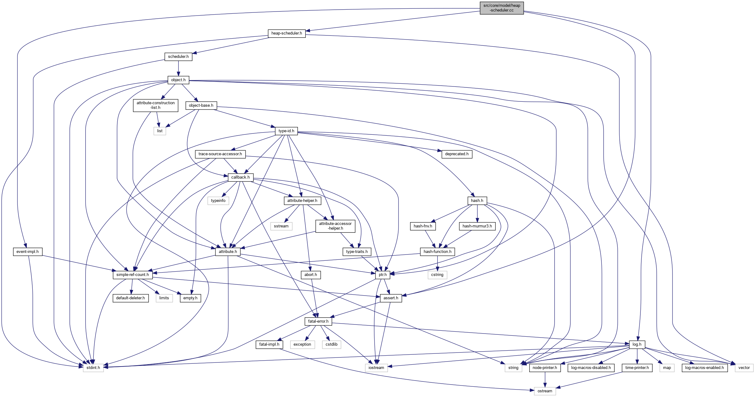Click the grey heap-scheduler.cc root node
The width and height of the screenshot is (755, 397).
click(502, 8)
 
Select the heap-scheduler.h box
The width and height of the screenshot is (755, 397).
click(286, 33)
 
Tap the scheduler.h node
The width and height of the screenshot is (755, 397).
click(178, 57)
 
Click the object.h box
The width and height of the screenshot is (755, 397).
click(178, 80)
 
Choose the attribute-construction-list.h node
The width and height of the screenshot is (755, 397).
click(155, 105)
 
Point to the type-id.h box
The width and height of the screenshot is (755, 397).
click(286, 131)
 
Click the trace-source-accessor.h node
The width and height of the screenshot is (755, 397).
click(220, 154)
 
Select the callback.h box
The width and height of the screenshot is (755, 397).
click(240, 177)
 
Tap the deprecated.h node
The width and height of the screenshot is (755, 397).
click(456, 154)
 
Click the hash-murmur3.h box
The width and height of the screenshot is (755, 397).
click(477, 226)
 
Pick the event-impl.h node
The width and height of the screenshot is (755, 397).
click(27, 252)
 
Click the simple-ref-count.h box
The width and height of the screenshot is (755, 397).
click(132, 275)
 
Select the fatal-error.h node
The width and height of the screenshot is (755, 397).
click(318, 321)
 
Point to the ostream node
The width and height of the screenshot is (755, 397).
click(545, 391)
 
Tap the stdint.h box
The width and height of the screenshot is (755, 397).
click(93, 368)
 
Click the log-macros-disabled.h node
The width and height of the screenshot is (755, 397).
click(591, 368)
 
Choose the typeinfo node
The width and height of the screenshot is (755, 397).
click(218, 201)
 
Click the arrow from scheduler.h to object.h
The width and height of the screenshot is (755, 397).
click(178, 68)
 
